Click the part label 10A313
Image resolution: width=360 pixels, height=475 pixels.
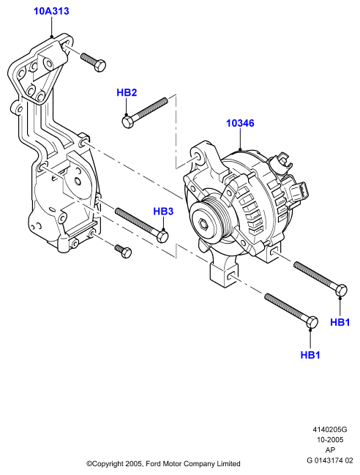click(51, 11)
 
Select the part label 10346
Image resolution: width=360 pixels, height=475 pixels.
click(240, 123)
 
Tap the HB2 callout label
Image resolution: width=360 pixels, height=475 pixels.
click(127, 92)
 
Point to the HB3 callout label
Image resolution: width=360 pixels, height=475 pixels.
click(163, 211)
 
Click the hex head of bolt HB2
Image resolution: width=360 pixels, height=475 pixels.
click(127, 121)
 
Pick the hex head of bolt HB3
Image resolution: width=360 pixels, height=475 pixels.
click(162, 236)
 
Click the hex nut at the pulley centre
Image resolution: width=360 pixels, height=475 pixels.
click(203, 224)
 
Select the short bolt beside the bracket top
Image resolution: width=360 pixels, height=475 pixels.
click(93, 61)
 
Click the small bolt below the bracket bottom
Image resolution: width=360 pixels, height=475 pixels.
click(123, 251)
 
